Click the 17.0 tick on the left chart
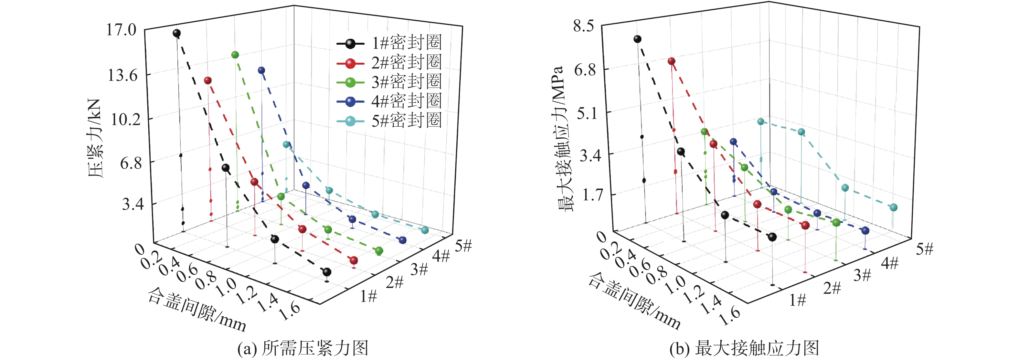point(121,30)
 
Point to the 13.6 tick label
point(122,75)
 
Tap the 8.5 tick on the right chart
point(583,26)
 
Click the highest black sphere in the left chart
point(177,33)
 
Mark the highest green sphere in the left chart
point(235,55)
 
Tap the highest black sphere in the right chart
point(637,39)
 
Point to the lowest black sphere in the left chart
point(327,272)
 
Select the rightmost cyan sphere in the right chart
point(894,207)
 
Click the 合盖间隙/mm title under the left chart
point(197,309)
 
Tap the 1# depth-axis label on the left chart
point(368,296)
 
